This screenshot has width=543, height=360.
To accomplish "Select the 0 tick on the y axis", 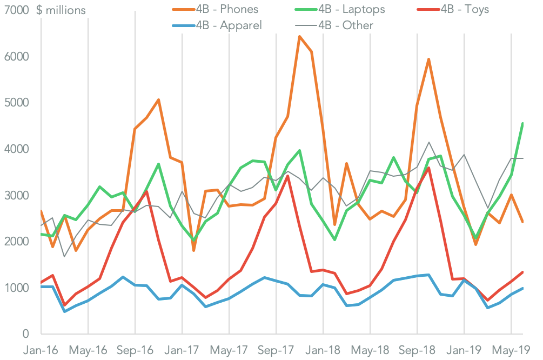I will click(25, 334).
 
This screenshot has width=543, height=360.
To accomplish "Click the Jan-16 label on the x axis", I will click(41, 349).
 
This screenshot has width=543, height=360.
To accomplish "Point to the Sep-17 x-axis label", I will click(276, 349).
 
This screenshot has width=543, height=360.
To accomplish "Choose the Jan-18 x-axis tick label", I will click(323, 349).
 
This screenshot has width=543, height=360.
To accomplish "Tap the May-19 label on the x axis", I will click(511, 349).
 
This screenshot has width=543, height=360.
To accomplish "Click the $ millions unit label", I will click(61, 10).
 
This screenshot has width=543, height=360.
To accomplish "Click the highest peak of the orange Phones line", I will click(299, 37).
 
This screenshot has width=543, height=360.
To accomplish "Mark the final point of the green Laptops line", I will click(522, 123).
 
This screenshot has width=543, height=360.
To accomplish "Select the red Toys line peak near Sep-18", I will click(428, 168).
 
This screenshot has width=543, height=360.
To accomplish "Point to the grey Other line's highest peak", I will click(429, 142).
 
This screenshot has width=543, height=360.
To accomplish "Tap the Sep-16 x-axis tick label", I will click(135, 349).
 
